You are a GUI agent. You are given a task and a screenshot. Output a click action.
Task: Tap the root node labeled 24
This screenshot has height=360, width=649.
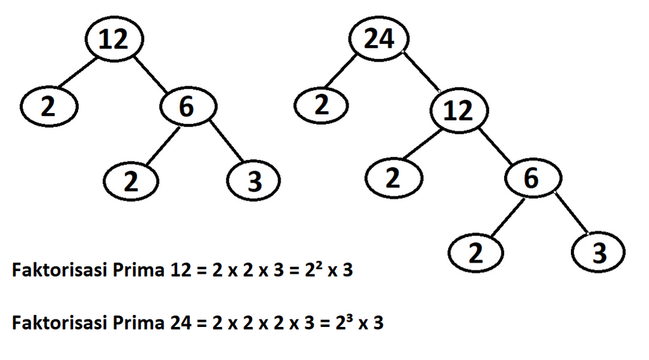coord(380,40)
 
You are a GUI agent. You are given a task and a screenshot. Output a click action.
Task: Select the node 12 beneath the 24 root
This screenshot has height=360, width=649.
coord(459,111)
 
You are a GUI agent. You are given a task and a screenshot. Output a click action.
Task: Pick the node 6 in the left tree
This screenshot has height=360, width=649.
coord(185,107)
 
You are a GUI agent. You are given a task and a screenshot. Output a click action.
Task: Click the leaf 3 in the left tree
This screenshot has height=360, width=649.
coord(254,182)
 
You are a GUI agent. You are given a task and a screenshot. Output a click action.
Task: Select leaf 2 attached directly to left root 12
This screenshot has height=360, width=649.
coord(48,107)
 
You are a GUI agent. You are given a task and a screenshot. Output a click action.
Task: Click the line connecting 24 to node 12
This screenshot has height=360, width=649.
coord(421,72)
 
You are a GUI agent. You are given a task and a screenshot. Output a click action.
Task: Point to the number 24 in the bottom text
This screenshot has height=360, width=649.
coord(180,323)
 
